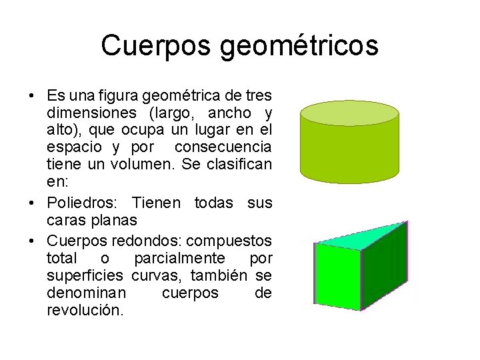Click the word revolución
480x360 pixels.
(85, 310)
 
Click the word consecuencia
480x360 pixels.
(231, 145)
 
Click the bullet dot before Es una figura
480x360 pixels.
(31, 95)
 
